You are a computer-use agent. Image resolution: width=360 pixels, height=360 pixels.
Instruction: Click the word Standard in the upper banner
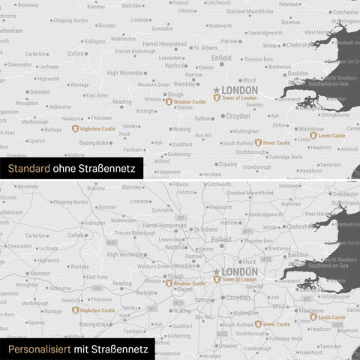coord(26,169)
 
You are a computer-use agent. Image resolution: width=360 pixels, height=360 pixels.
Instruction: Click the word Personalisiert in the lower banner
coord(35,350)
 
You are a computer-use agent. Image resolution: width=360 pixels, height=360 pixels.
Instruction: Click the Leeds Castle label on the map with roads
coord(331,317)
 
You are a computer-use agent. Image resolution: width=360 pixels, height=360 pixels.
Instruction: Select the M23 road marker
coord(223,332)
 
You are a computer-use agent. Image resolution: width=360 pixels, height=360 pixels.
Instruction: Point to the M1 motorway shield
coord(182,217)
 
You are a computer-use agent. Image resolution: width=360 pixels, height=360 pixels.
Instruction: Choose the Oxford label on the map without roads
coord(76,54)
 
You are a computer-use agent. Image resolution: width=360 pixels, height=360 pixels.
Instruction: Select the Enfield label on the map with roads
coord(221,238)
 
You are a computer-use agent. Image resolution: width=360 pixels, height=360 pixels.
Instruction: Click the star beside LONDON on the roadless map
coord(217,90)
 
